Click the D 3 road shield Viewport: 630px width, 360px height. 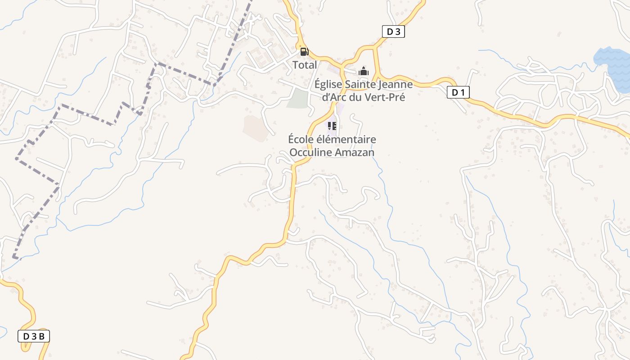pos(393,31)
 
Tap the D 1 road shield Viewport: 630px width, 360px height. pos(458,93)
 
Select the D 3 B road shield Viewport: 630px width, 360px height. pos(34,336)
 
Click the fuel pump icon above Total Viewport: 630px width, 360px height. pos(304,51)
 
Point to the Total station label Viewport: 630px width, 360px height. pos(305,65)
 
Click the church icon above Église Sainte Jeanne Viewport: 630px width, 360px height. pos(364,71)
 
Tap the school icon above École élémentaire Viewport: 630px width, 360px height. pos(332,126)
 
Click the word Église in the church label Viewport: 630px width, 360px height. pos(327,85)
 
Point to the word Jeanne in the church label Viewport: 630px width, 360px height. pos(396,85)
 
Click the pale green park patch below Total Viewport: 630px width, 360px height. pos(297,99)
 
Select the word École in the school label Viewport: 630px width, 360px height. pos(300,139)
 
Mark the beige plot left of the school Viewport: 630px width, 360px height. pos(253,127)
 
